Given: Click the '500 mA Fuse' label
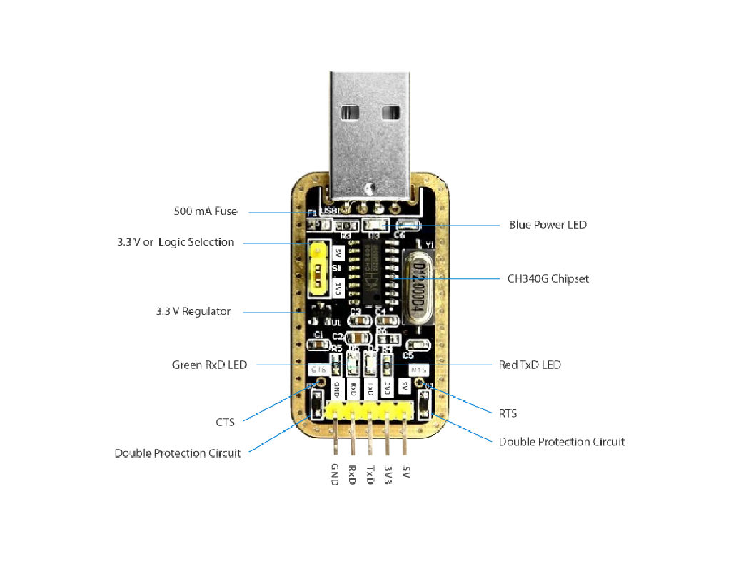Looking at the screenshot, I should (x=206, y=211).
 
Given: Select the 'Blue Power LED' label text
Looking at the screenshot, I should (x=548, y=225).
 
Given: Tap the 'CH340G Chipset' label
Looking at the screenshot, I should (x=548, y=278).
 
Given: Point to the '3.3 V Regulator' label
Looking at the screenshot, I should (x=193, y=312).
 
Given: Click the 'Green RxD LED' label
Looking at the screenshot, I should (x=209, y=365).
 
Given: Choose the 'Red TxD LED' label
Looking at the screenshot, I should (x=530, y=365).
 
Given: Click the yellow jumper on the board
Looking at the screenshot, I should (x=318, y=270).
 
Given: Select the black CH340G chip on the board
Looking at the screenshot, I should (x=372, y=274).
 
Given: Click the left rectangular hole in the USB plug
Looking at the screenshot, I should (x=351, y=112).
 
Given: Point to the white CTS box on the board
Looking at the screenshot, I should (x=319, y=370).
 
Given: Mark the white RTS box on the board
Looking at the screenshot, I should (x=419, y=370).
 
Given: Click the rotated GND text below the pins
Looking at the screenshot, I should (x=334, y=475).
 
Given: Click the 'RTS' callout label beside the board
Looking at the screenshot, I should (x=508, y=413).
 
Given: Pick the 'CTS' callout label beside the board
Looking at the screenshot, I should (x=226, y=422).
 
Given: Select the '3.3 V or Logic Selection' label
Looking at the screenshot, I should (x=176, y=242).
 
